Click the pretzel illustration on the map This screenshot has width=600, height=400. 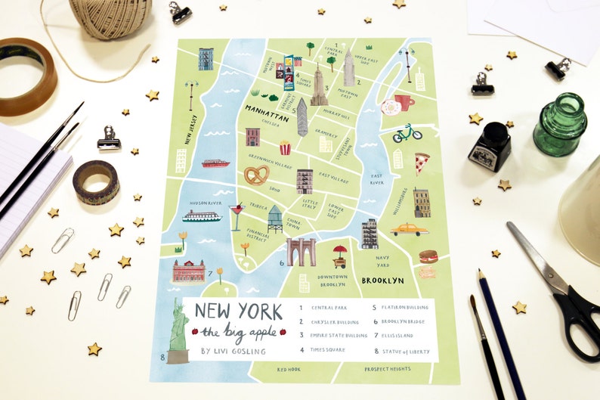255,176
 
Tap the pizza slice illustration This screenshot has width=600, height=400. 421,163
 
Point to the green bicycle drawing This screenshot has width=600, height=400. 407,134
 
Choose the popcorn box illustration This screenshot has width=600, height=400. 285,147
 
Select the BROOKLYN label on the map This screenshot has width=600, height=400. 382,280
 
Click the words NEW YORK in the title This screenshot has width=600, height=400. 238,311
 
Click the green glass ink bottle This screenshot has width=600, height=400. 560,126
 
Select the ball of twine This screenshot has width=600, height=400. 110,17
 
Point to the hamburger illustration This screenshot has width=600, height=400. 428,256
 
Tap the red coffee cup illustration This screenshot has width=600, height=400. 404,101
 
